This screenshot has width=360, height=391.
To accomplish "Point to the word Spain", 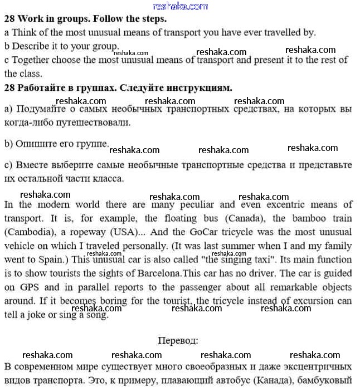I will click(x=60, y=260).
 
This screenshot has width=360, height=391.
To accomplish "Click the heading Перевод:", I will click(x=178, y=340).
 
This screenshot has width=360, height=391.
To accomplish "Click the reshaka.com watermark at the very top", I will click(x=180, y=6).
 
